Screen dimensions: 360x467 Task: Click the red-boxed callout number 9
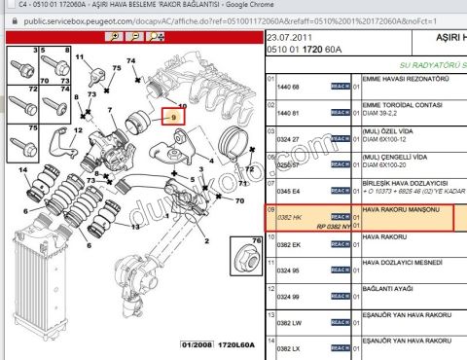coord(175,118)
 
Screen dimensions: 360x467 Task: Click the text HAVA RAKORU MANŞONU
coord(401,210)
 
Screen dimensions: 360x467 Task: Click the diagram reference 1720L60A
coord(233,345)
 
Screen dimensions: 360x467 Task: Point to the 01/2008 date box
coord(195,345)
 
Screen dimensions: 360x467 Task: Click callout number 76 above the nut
coord(247,238)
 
